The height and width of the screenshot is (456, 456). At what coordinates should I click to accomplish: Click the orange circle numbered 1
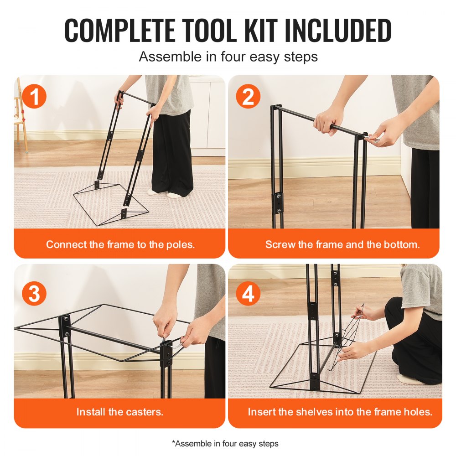(35, 97)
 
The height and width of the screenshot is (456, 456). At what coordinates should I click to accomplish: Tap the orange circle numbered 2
(248, 97)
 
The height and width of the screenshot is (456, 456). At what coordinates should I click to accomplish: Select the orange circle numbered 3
(35, 295)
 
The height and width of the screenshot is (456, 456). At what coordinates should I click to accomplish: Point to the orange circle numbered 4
(248, 295)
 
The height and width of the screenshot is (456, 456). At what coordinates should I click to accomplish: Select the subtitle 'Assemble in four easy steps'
(228, 57)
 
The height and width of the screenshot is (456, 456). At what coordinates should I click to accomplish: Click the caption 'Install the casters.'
(119, 412)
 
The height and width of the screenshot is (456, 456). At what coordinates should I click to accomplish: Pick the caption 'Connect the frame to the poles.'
(120, 244)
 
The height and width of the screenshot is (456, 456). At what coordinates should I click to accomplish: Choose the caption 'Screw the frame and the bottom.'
(342, 244)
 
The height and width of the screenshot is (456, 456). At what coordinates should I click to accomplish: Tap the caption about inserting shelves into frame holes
(340, 412)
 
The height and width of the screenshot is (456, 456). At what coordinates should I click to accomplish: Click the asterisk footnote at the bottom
(225, 443)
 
